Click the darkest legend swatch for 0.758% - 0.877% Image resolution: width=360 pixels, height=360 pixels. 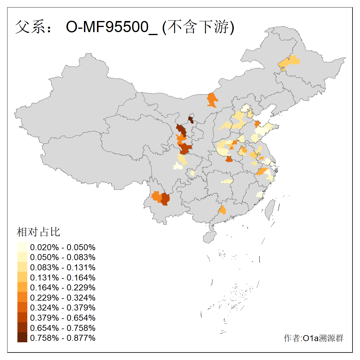point(22,338)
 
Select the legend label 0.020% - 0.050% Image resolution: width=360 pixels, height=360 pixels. point(63,247)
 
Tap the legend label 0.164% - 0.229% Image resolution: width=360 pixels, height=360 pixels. point(63,288)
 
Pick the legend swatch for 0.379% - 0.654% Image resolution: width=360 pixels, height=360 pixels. point(22,318)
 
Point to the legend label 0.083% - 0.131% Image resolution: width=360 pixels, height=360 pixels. point(63,268)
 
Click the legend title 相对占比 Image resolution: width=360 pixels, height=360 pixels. point(38,232)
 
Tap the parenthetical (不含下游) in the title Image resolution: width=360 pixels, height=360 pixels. point(198,27)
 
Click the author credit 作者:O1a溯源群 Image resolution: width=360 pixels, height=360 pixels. point(313,338)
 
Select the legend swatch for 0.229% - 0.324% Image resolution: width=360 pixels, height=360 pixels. point(22,298)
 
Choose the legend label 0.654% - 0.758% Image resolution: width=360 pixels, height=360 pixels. point(63,328)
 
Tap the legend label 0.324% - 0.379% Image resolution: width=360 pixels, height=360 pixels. point(63,308)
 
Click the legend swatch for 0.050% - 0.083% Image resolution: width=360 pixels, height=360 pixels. point(22,257)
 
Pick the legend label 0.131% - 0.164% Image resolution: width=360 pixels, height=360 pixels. point(63,278)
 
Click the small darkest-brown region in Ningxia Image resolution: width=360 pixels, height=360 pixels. point(191,119)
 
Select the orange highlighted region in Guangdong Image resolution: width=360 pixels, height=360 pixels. point(222,210)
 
